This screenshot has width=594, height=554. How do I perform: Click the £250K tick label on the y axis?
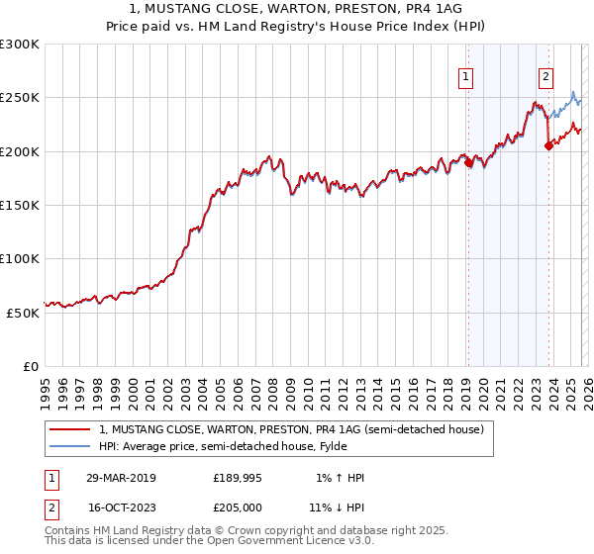(x=20, y=98)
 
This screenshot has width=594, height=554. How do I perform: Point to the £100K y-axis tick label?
(x=20, y=258)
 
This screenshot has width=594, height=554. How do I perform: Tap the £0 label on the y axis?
(x=32, y=366)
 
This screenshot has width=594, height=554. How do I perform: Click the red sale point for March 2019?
(x=468, y=164)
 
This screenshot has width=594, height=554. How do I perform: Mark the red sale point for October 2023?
(x=548, y=146)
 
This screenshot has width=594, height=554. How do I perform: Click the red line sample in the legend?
(x=69, y=429)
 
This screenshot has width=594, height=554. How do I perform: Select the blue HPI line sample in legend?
(x=69, y=446)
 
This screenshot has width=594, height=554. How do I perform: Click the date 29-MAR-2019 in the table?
(x=121, y=478)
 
